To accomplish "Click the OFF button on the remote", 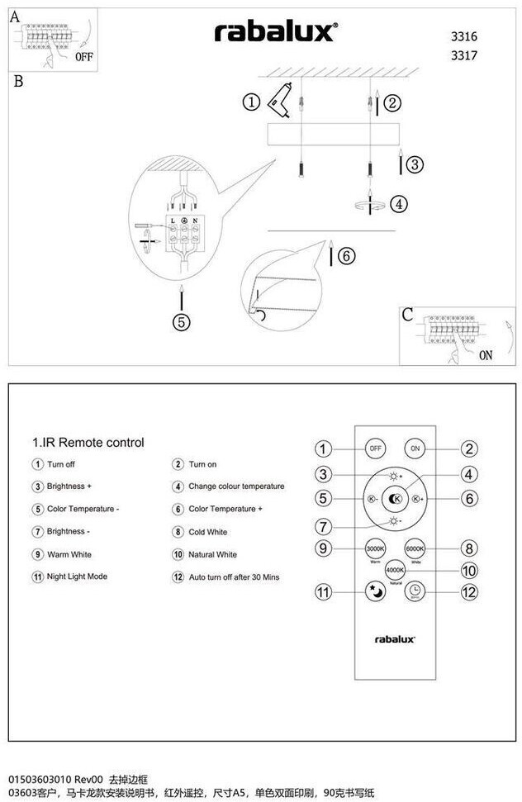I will pyautogui.click(x=376, y=448).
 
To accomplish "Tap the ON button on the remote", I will pyautogui.click(x=415, y=448).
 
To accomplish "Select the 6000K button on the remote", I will pyautogui.click(x=415, y=548).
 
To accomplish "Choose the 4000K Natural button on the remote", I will pyautogui.click(x=396, y=570).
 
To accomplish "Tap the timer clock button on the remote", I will pyautogui.click(x=415, y=591).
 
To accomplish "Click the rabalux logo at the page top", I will pyautogui.click(x=275, y=32).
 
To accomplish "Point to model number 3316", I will pyautogui.click(x=464, y=36).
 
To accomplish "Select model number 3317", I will pyautogui.click(x=464, y=55).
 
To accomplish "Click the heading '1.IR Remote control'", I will pyautogui.click(x=88, y=443).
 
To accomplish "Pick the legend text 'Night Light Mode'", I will pyautogui.click(x=77, y=577).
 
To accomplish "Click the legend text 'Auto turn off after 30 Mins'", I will pyautogui.click(x=234, y=577).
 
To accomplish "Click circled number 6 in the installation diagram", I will pyautogui.click(x=346, y=256).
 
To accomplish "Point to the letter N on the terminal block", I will pyautogui.click(x=194, y=221).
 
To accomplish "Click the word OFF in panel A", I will pyautogui.click(x=84, y=58).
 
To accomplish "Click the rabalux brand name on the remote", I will pyautogui.click(x=396, y=638).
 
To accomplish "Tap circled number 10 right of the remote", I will pyautogui.click(x=469, y=570).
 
